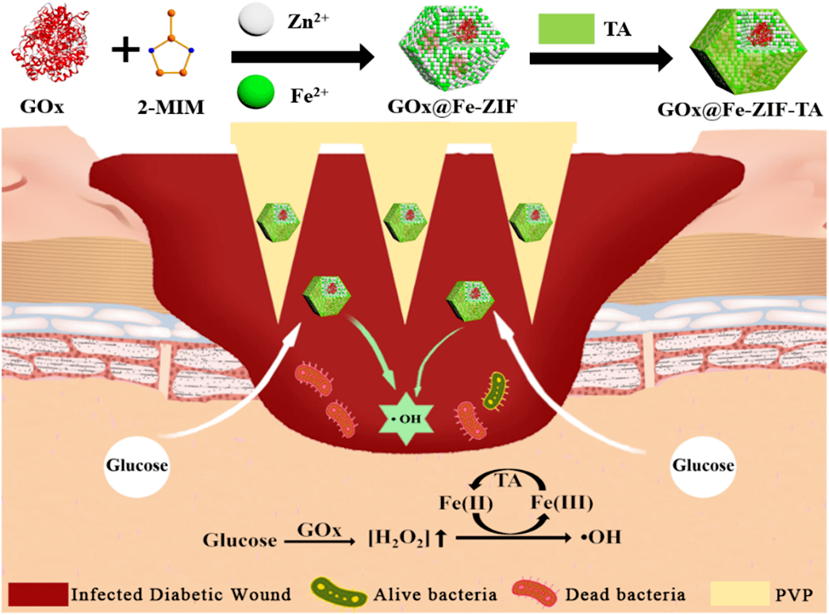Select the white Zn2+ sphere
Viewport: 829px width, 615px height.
[x=256, y=20]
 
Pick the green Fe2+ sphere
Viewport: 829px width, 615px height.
[x=256, y=91]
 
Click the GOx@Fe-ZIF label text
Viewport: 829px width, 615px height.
[x=452, y=107]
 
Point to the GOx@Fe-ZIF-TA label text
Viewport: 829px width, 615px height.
[x=739, y=109]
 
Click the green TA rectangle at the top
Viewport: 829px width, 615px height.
[x=566, y=29]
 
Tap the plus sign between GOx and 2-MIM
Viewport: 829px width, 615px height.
[x=125, y=51]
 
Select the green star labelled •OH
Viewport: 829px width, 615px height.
[x=406, y=418]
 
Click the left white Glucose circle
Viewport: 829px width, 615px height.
[x=137, y=465]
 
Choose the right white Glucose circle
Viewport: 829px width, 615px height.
[x=703, y=465]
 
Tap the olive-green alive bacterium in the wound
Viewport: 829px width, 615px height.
[x=495, y=392]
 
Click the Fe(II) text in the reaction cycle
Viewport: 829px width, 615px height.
[x=466, y=502]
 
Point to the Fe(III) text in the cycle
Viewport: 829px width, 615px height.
[x=562, y=502]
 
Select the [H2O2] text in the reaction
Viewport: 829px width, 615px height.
[x=398, y=539]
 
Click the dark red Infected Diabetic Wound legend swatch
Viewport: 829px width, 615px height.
[x=38, y=594]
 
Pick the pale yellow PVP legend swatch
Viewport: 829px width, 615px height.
[x=739, y=594]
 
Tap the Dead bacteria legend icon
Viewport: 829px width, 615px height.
[x=535, y=594]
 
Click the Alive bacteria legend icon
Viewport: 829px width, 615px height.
[x=339, y=594]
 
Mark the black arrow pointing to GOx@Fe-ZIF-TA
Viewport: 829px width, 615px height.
[x=601, y=58]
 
